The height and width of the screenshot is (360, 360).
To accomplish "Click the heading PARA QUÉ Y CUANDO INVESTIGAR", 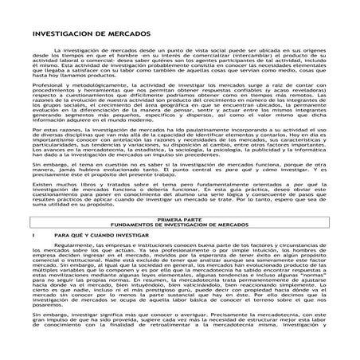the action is [100, 237].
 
